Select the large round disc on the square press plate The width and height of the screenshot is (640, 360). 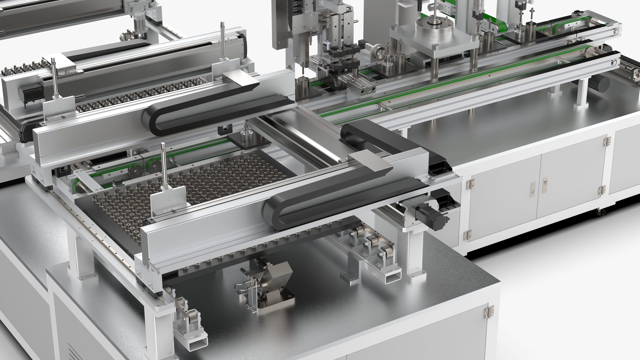[437, 25]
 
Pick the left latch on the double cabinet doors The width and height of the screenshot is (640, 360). [533, 189]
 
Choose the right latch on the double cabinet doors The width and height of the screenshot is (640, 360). [545, 185]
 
